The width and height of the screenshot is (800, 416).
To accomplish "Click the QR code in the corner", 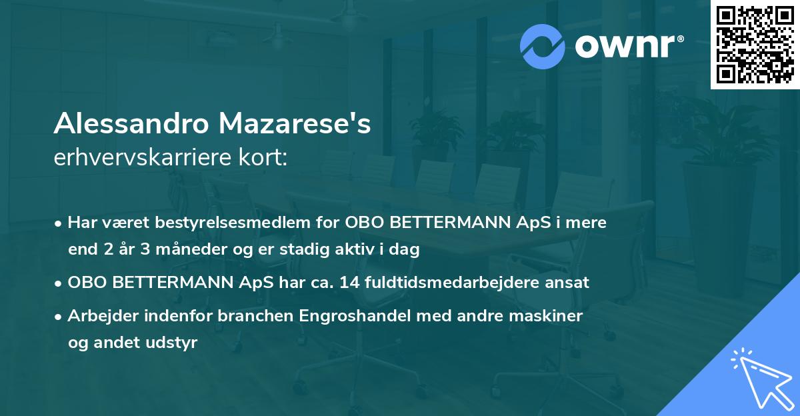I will point(755,45).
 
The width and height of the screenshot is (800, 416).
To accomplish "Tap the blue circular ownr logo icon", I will point(543,46).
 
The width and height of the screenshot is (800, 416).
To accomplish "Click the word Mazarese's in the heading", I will point(293,124).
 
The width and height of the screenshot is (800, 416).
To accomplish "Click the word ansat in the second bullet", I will point(567,282).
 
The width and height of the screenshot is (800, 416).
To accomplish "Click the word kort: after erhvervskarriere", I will point(267,158).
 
